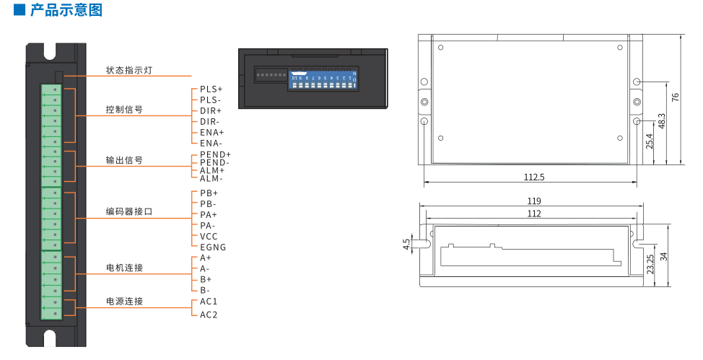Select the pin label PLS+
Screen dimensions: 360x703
pos(211,89)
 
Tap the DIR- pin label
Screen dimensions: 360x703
pos(210,122)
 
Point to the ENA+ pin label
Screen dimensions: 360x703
pos(212,133)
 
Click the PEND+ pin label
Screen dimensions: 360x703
pos(215,155)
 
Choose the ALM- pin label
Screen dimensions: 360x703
pos(211,179)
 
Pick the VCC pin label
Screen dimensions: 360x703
pos(209,237)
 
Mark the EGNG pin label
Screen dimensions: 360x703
pos(213,247)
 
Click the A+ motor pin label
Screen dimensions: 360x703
pos(206,258)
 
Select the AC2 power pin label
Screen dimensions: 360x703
pos(209,315)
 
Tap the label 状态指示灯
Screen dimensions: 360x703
pos(129,71)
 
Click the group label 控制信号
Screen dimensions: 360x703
pos(124,110)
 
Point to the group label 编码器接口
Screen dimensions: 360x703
pos(129,212)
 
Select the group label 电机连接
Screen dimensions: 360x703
pos(124,268)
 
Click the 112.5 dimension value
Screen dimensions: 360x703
pos(533,177)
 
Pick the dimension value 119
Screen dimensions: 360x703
pos(534,201)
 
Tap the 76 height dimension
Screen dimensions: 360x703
pos(676,98)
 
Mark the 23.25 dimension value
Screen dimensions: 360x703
pos(650,263)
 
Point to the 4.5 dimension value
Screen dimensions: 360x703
pos(406,245)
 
